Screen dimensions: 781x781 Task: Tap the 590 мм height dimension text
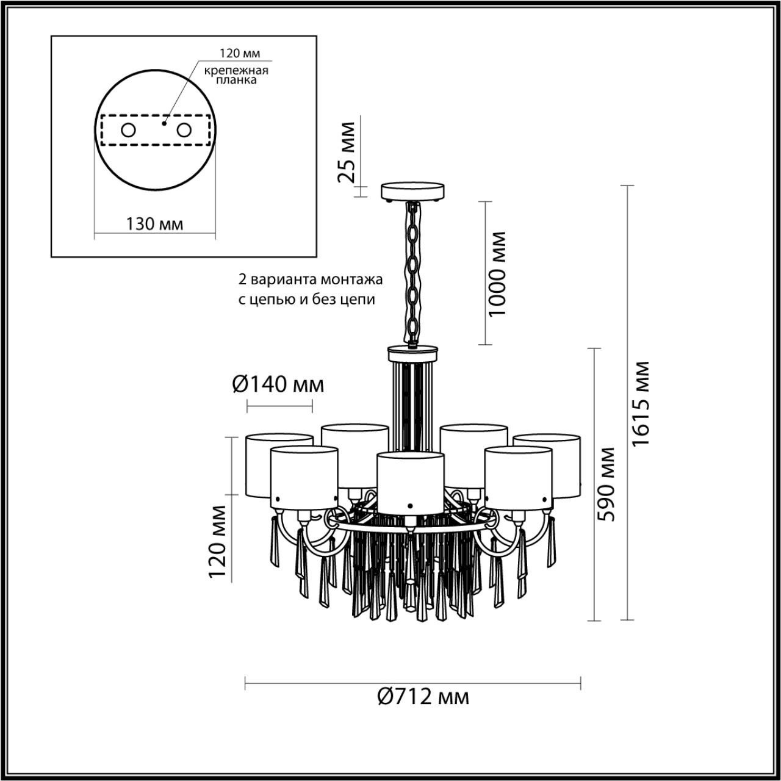coord(606,484)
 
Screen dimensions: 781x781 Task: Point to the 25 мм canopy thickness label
coord(346,153)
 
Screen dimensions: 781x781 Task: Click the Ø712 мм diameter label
coord(423,696)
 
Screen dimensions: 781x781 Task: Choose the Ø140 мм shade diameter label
coord(278,384)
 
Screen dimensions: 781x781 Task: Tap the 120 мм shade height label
coord(218,542)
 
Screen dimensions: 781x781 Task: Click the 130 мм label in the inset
coord(154,223)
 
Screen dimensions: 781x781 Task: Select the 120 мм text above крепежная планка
coord(235,54)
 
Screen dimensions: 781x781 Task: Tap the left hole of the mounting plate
coord(128,130)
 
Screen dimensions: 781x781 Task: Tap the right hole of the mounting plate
coord(183,130)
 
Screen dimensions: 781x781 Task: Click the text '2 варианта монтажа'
coord(310,280)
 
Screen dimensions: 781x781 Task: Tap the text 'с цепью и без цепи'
coord(306,300)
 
